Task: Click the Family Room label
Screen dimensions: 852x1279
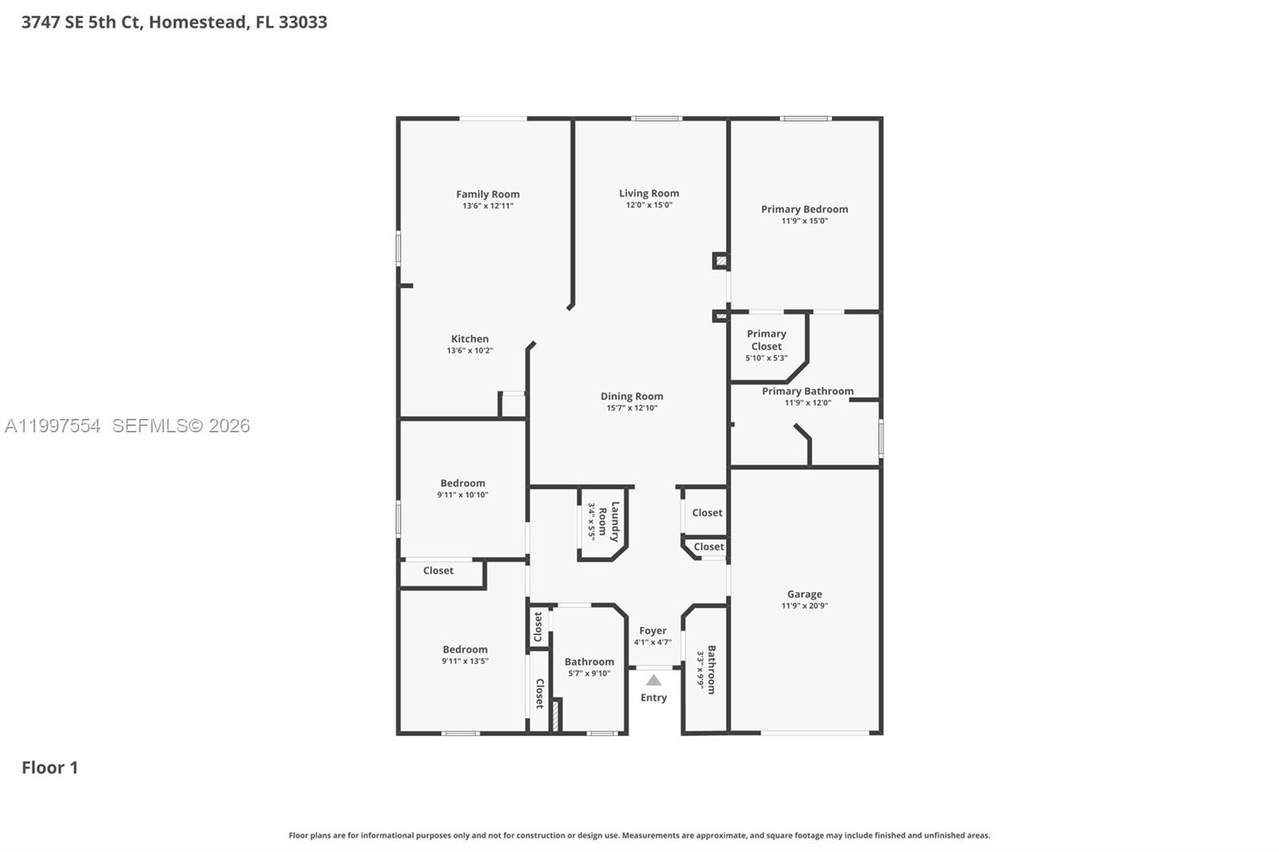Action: (488, 194)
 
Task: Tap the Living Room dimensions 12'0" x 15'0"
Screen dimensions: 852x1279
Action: (648, 205)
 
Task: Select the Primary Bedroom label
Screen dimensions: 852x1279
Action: (804, 209)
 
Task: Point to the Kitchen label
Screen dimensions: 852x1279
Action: (469, 339)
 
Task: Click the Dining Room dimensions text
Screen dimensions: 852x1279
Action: (632, 408)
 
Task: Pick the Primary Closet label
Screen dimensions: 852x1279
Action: (766, 340)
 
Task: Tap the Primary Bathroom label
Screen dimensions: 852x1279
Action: (807, 392)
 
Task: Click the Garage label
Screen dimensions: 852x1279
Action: (804, 595)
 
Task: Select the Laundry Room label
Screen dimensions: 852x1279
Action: (615, 521)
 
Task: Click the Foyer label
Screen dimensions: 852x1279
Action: (652, 631)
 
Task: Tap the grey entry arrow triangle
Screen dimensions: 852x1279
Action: (654, 680)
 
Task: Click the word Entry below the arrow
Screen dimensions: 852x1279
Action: (653, 698)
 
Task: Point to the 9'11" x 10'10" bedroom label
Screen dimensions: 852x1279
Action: (462, 484)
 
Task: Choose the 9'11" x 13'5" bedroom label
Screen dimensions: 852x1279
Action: (464, 650)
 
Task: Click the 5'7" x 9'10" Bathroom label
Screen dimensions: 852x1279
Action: (589, 662)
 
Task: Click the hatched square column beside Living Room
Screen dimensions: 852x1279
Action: (721, 261)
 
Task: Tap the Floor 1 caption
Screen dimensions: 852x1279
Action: (50, 768)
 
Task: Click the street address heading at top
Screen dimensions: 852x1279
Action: (174, 22)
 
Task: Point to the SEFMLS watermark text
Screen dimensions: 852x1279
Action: (181, 426)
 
